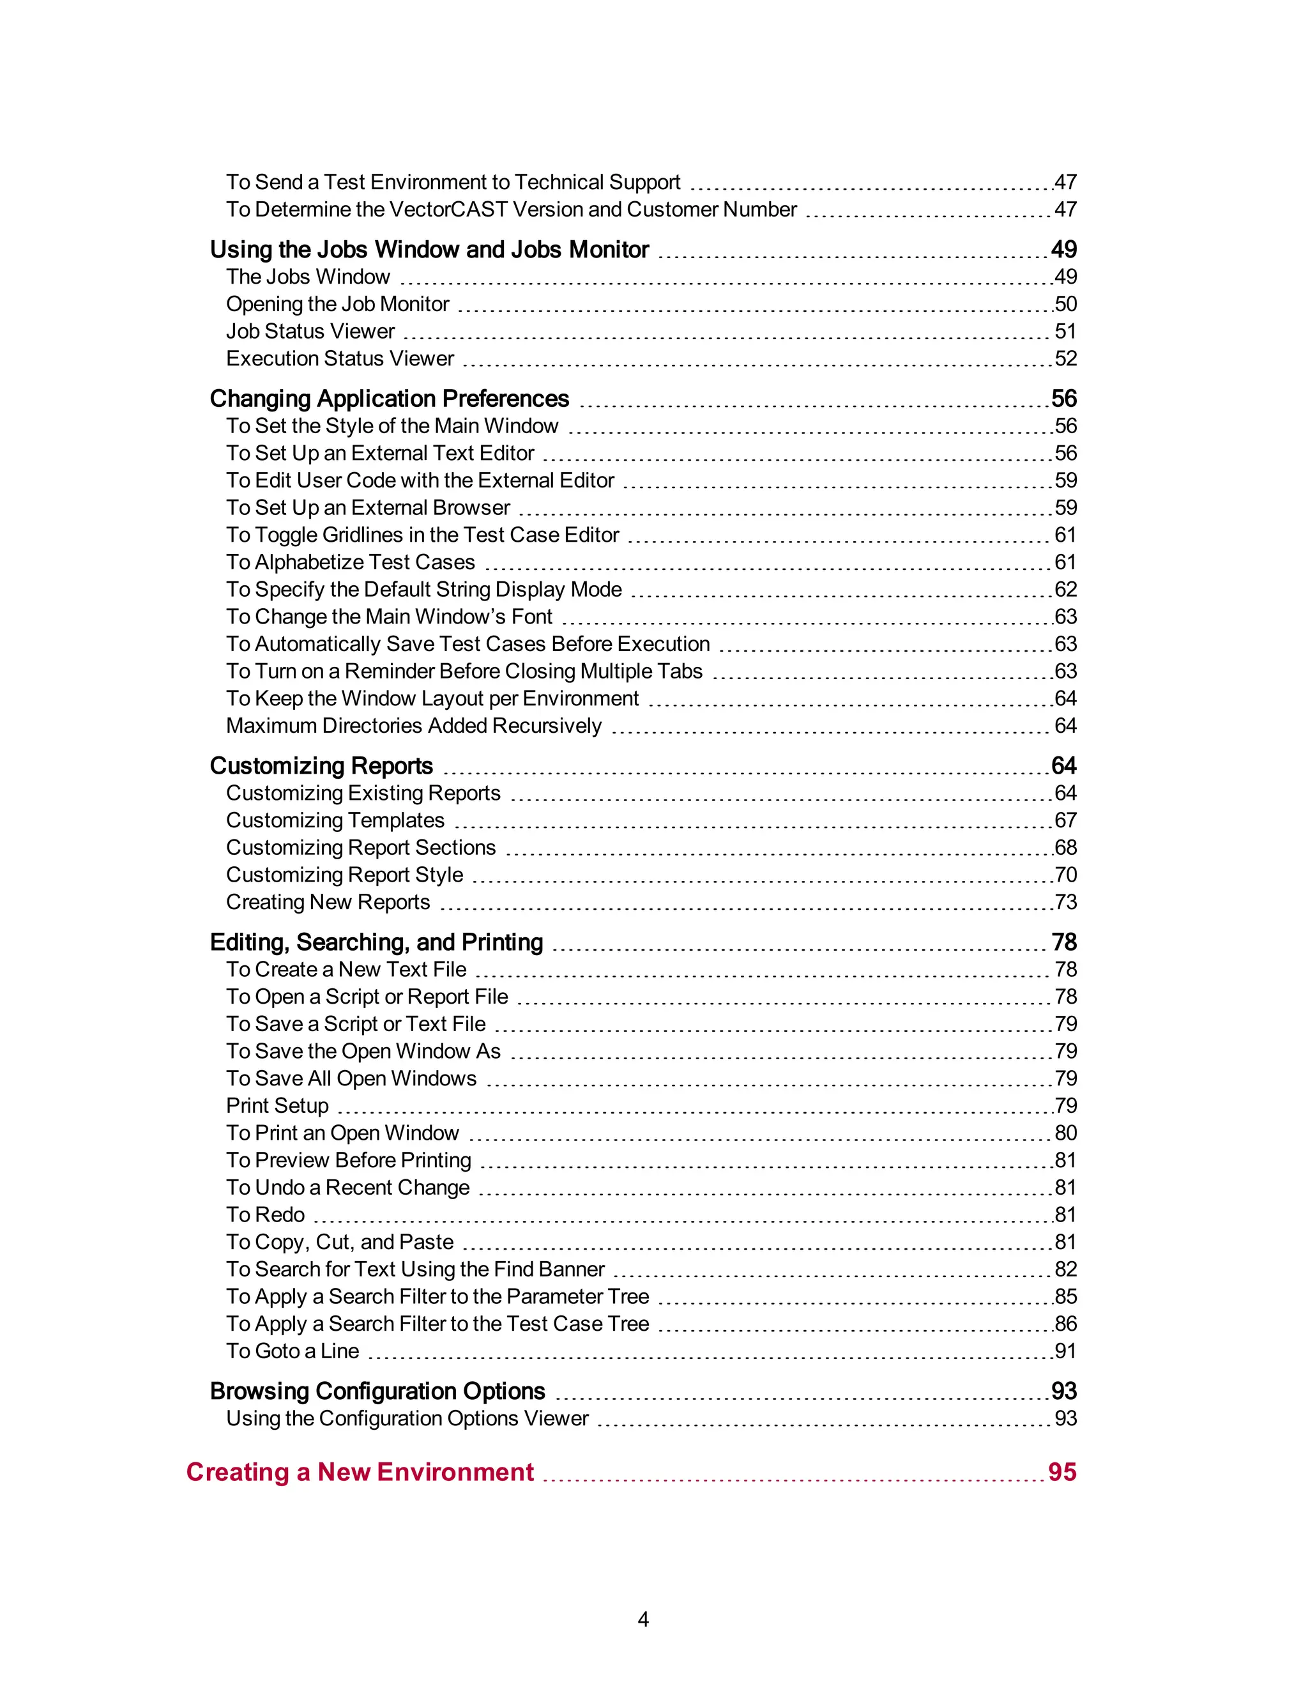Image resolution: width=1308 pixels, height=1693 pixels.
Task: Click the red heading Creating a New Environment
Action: (360, 1471)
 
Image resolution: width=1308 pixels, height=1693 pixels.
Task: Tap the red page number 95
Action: (1061, 1471)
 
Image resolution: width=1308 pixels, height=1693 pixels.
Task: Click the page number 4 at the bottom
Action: (643, 1619)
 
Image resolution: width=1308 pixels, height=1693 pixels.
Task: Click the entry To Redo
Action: (265, 1214)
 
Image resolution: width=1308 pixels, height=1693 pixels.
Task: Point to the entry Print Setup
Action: (277, 1105)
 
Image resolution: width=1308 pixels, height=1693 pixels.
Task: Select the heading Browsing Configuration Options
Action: (377, 1391)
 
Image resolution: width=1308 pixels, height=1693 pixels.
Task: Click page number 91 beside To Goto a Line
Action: (1065, 1351)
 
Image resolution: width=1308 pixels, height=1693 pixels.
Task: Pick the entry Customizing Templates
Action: (335, 820)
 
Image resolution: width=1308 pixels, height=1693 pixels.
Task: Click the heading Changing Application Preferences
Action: (389, 399)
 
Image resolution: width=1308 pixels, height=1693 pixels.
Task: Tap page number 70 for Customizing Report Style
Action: (1065, 875)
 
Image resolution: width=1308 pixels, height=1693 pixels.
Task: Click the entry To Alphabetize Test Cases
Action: (350, 562)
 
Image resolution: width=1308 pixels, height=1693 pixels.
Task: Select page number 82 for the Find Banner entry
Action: (1065, 1269)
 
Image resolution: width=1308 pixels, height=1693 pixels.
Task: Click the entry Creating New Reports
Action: (328, 901)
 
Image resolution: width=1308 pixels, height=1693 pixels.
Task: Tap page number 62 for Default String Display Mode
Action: (1065, 589)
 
